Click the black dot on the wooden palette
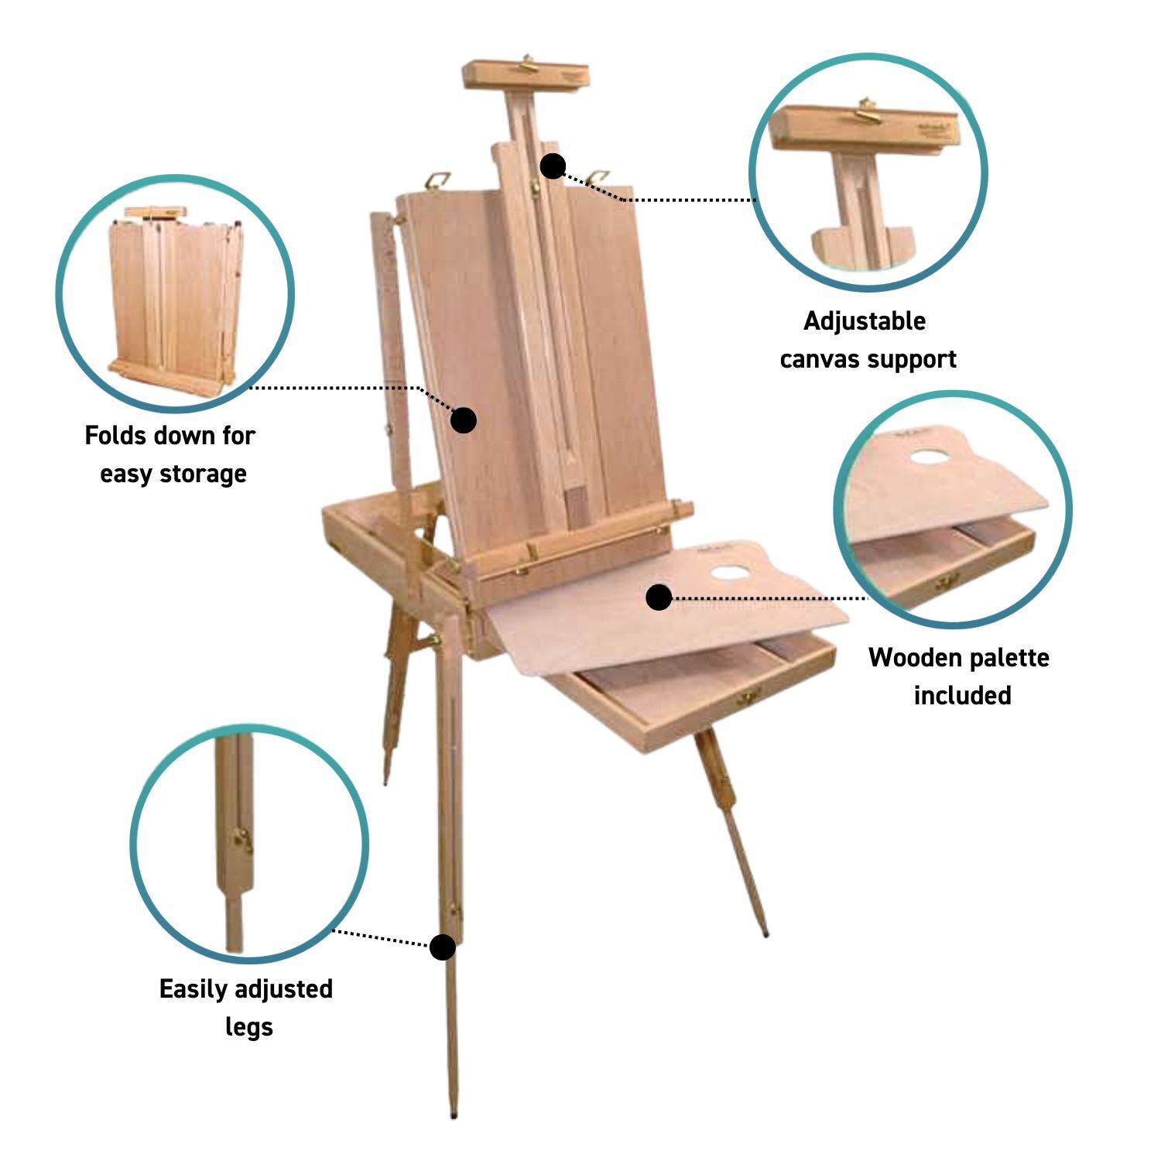tap(659, 597)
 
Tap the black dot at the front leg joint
tap(442, 947)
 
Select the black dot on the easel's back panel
tap(464, 420)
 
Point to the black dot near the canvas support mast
tap(553, 166)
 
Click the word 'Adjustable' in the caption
tap(865, 321)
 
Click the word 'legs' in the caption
tap(249, 1027)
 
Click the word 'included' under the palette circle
tap(962, 695)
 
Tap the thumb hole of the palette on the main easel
tap(729, 574)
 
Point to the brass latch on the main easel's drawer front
tap(748, 698)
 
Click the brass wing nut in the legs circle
tap(244, 840)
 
